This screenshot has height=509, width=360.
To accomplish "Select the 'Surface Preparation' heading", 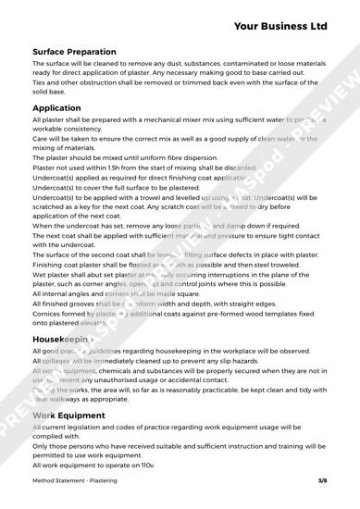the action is (74, 52).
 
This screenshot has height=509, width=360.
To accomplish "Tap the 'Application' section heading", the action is (56, 108).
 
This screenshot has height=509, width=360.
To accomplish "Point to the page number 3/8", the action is (322, 482).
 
